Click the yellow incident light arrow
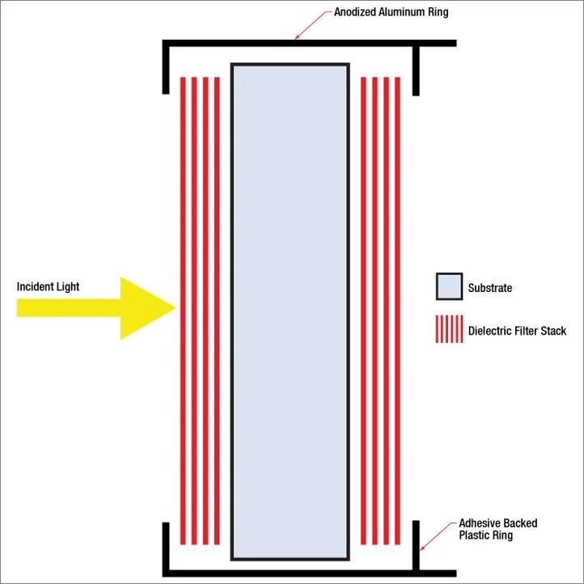coord(96,308)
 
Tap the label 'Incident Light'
coord(48,286)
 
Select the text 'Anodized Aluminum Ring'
coord(391,12)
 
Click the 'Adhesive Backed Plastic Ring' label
coord(498,529)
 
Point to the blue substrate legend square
coord(450,286)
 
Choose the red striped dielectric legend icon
coord(450,329)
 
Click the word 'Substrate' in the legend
coord(490,287)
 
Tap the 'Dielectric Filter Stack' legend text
coord(517,331)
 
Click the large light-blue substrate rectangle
coord(290,311)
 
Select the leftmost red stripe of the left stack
coord(183,311)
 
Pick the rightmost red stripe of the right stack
coord(397,311)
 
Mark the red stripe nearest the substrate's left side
coord(217,311)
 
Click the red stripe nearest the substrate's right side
coord(363,311)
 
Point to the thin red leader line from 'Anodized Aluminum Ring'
coord(313,24)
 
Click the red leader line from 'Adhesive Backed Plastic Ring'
coord(438,535)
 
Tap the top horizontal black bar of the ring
coord(309,43)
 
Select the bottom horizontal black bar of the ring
coord(309,573)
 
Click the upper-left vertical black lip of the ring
coord(166,67)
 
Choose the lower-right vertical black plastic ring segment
coord(416,545)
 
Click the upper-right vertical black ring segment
coord(416,70)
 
